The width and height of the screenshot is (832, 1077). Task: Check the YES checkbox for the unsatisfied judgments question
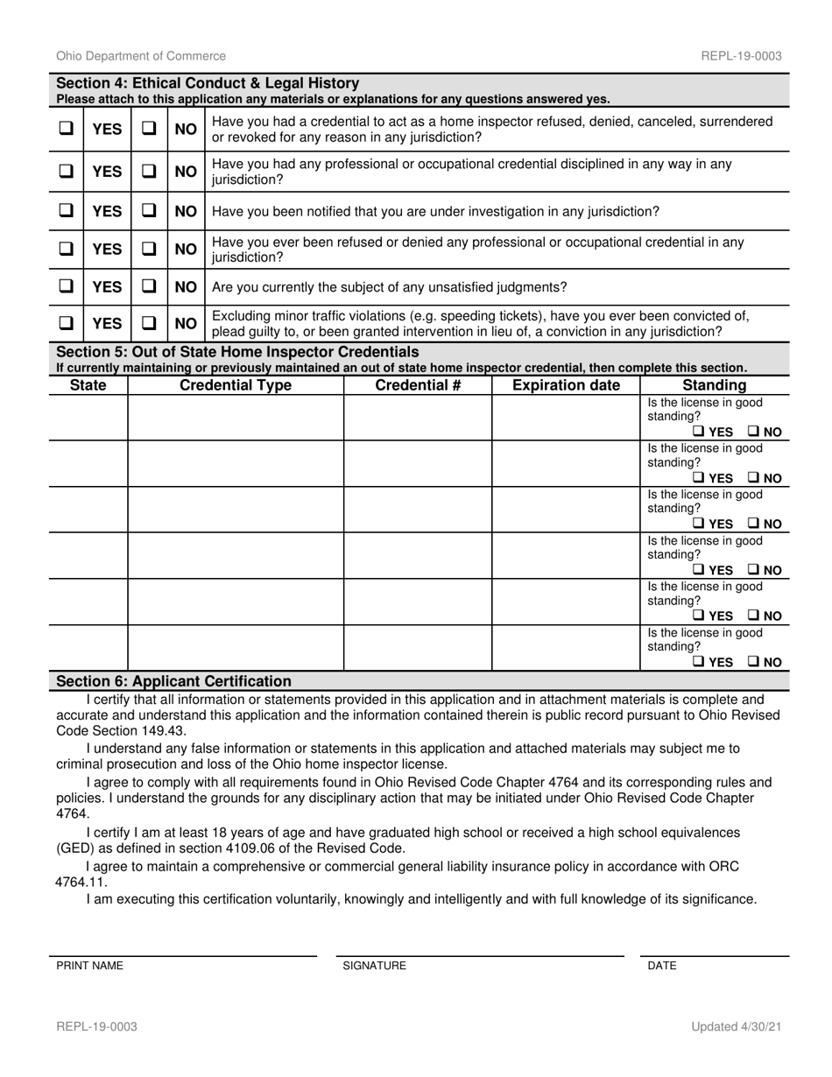point(66,287)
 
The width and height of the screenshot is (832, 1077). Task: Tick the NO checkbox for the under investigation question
point(149,211)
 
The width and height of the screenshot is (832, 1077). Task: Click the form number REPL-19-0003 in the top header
point(741,56)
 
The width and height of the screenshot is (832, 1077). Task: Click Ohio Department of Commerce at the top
point(141,56)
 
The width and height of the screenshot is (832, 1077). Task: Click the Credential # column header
point(417,385)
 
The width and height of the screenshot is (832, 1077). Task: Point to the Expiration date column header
point(566,385)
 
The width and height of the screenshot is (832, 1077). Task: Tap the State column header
point(88,385)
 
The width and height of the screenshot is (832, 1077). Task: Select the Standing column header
point(714,385)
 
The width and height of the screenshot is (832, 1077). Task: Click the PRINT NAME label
point(89,966)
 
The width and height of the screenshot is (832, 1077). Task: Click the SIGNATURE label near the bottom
point(374,966)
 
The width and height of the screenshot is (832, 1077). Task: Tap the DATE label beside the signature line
point(661,966)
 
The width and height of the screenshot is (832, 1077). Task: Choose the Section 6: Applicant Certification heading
point(173,681)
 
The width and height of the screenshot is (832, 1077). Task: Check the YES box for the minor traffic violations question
point(66,323)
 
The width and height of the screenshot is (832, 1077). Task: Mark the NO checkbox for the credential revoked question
point(149,129)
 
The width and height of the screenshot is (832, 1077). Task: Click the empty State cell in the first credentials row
point(88,417)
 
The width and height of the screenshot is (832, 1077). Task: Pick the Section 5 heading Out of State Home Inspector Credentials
point(237,352)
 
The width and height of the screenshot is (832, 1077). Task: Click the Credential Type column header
point(236,385)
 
